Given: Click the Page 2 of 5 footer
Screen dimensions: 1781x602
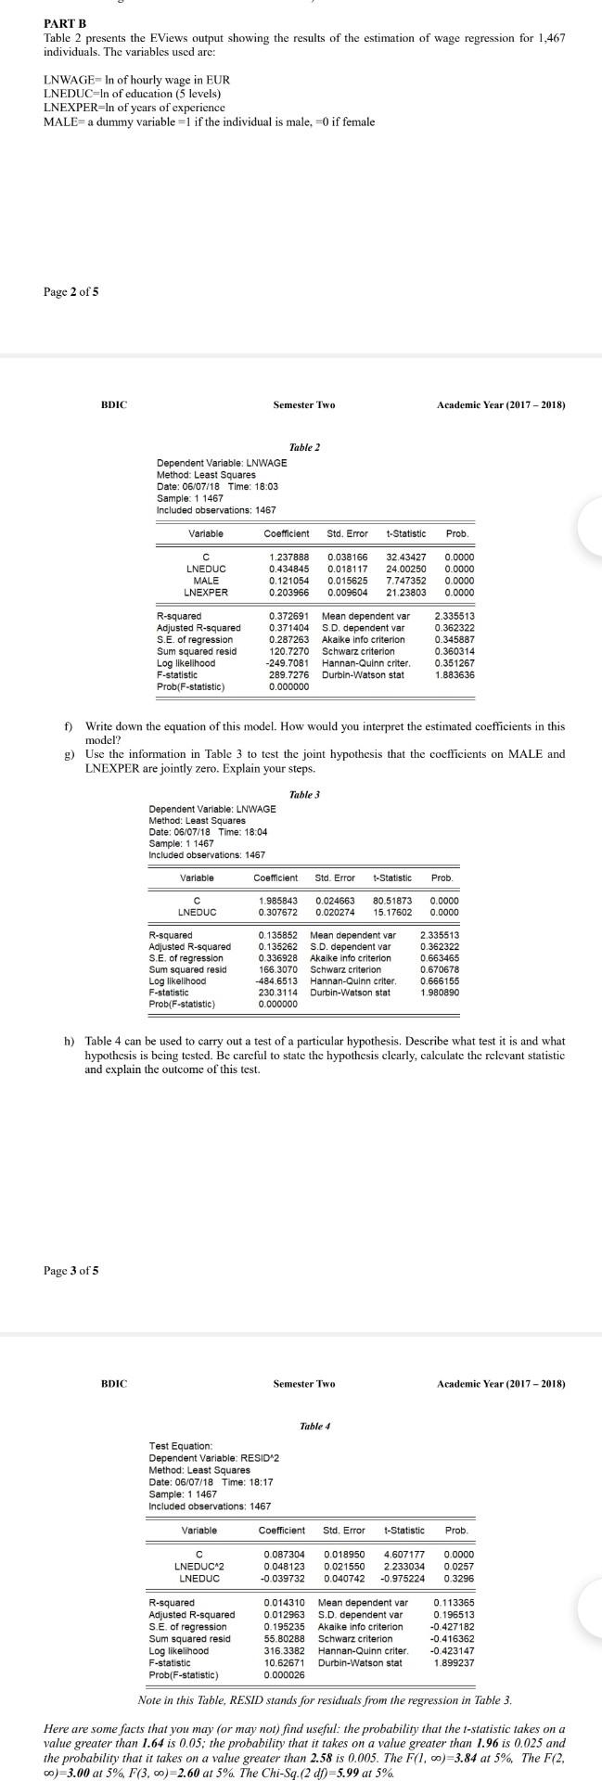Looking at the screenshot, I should pyautogui.click(x=70, y=292).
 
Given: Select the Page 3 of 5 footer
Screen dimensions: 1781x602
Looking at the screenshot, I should pyautogui.click(x=70, y=1270).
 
